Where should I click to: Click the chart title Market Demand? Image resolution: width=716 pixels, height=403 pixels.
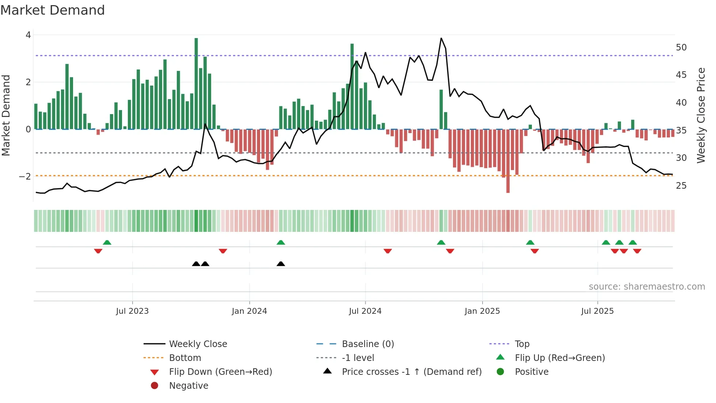pos(53,10)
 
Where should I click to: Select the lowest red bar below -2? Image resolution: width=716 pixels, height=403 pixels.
pos(508,161)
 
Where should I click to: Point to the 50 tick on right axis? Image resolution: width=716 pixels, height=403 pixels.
pos(681,48)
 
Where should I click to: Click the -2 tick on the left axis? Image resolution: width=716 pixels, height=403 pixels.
pos(25,176)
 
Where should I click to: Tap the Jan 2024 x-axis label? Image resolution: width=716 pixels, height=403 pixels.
pos(249,311)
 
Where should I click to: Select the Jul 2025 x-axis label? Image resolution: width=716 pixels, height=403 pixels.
pos(597,311)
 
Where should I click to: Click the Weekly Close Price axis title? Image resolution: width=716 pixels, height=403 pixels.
pos(701,115)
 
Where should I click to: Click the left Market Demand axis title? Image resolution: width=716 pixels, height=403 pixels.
pos(6,115)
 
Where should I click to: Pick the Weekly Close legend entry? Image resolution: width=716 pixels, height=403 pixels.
pos(198,344)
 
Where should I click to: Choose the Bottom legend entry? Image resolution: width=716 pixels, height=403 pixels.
pos(185,358)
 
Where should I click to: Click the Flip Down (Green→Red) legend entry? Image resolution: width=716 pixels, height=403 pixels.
pos(220,372)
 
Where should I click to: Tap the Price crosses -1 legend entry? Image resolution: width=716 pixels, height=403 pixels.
pos(411,372)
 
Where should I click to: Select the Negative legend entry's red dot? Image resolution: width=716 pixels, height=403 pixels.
pos(155,386)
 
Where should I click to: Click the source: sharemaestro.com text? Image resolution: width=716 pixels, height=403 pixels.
pos(647,287)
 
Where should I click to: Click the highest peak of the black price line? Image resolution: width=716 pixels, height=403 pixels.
pos(441,38)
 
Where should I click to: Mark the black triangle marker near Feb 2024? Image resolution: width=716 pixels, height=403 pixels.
pos(281,264)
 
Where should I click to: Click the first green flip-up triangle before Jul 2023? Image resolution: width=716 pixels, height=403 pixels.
pos(107,242)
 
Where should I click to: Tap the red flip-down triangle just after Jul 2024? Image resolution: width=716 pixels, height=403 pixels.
pos(388,251)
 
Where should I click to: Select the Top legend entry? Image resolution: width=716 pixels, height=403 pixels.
pos(522,344)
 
